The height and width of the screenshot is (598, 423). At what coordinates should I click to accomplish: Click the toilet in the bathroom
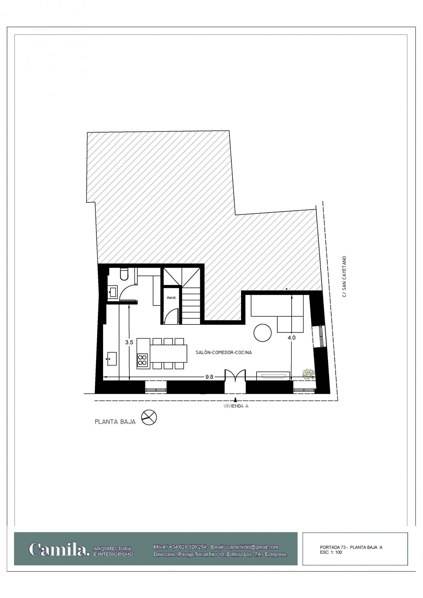pyautogui.click(x=124, y=274)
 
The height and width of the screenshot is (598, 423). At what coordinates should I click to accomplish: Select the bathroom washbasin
pyautogui.click(x=113, y=292)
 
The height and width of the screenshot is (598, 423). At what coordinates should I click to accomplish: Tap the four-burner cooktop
pyautogui.click(x=142, y=360)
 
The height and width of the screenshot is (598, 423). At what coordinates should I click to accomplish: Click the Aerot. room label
pyautogui.click(x=171, y=298)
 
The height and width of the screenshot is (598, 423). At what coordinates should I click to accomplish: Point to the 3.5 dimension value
pyautogui.click(x=129, y=342)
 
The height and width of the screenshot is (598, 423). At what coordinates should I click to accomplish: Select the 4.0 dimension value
pyautogui.click(x=292, y=338)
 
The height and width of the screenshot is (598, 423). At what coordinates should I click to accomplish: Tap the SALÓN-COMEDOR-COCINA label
pyautogui.click(x=224, y=353)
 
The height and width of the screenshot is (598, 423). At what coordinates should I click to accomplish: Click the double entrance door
pyautogui.click(x=235, y=375)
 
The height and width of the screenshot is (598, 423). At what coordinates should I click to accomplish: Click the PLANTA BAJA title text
pyautogui.click(x=115, y=422)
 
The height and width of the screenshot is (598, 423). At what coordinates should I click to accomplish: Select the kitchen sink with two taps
pyautogui.click(x=112, y=359)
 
